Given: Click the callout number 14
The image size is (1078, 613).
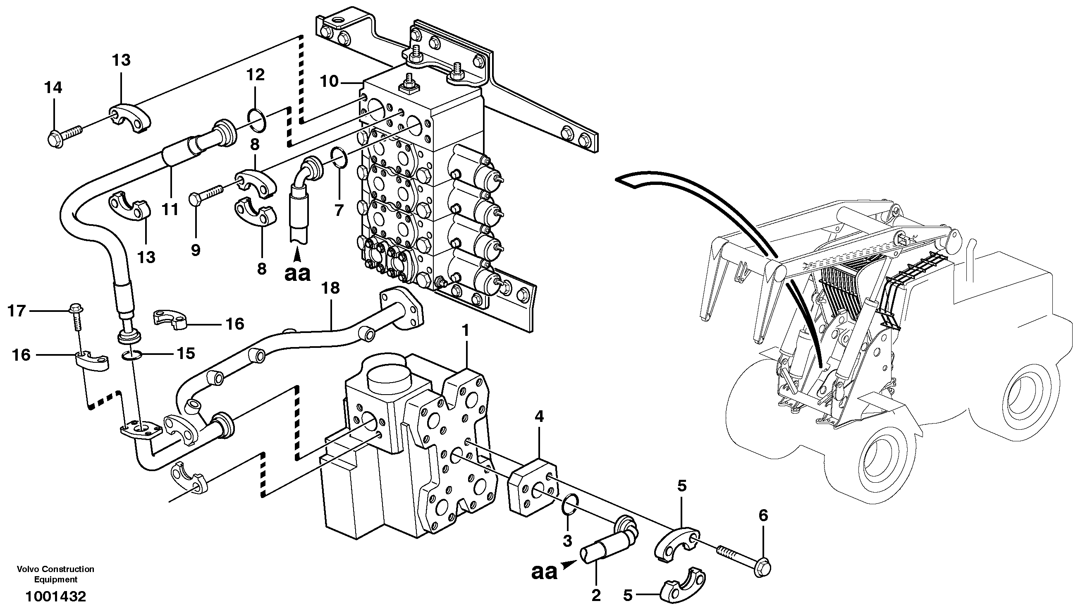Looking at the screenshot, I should click(53, 88).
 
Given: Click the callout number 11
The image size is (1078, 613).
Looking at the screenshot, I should click(171, 209).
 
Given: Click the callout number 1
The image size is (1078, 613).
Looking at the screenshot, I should click(465, 331).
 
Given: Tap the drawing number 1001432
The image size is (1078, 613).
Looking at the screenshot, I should click(55, 596).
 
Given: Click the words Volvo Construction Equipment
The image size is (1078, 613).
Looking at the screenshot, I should click(55, 574).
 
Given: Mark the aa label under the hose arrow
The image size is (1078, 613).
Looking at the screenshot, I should click(297, 274).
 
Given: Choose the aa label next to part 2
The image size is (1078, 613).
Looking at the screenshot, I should click(545, 572).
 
